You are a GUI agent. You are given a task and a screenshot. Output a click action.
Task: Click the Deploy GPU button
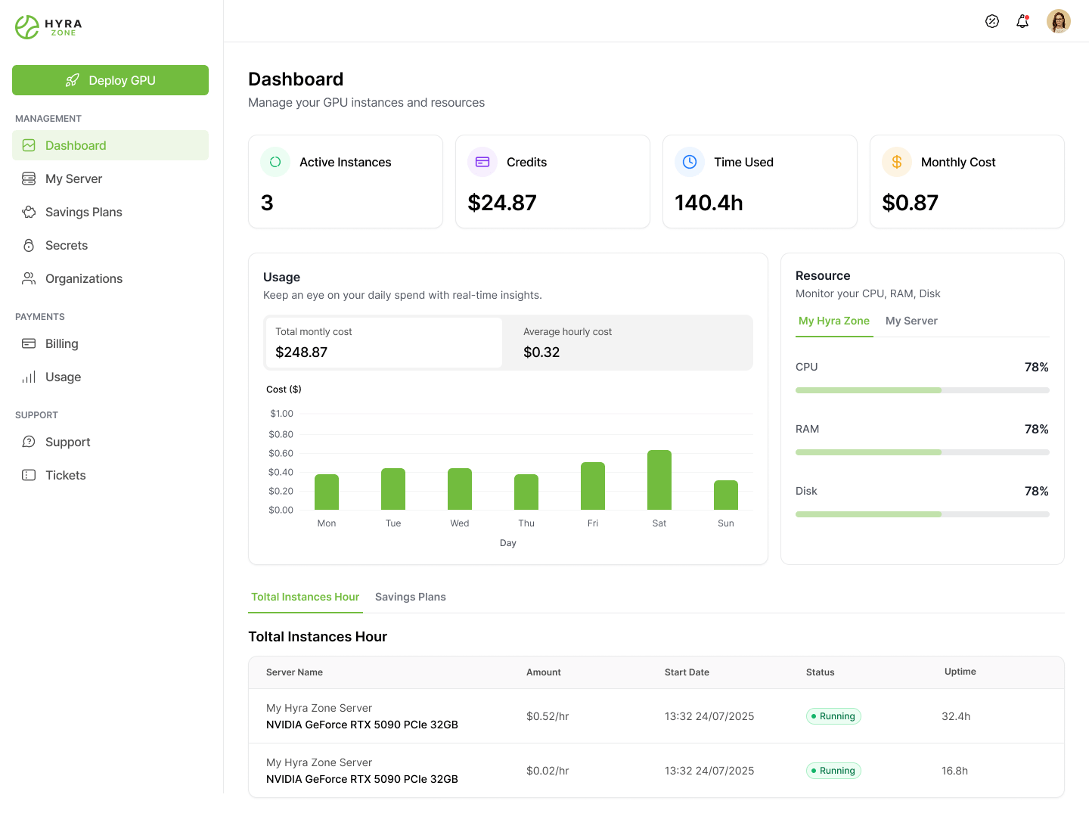click(x=110, y=80)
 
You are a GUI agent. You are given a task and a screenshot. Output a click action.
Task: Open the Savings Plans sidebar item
click(x=83, y=213)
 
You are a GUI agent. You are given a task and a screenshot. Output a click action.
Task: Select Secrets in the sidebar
click(x=67, y=246)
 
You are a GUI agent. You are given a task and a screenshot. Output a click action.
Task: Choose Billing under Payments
click(x=61, y=344)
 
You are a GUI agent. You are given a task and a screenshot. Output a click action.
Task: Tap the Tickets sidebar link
click(x=65, y=476)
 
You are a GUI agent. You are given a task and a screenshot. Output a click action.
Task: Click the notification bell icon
click(x=1022, y=21)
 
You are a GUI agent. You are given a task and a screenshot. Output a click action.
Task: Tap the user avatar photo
click(x=1059, y=21)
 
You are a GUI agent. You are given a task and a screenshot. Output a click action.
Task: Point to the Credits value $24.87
click(x=502, y=203)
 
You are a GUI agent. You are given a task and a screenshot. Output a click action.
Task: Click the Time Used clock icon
click(x=690, y=162)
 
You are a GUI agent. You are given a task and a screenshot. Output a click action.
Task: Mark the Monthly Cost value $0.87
click(x=910, y=203)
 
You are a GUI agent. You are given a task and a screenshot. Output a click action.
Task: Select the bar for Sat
click(x=659, y=480)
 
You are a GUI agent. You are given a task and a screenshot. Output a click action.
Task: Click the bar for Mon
click(x=327, y=492)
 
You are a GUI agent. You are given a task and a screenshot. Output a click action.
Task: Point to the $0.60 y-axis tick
click(x=281, y=454)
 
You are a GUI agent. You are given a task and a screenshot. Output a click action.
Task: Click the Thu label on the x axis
click(x=526, y=523)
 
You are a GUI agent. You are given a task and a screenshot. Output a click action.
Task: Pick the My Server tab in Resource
click(x=911, y=321)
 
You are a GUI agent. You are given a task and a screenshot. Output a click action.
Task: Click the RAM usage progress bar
click(x=923, y=452)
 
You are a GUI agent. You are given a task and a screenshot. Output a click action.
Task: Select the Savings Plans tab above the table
click(x=411, y=598)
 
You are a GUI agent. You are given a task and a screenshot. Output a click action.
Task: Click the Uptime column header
click(x=960, y=672)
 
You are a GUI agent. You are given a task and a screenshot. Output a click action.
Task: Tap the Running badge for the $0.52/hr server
click(x=833, y=716)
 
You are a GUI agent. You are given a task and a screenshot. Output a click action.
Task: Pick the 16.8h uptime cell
click(x=954, y=771)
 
